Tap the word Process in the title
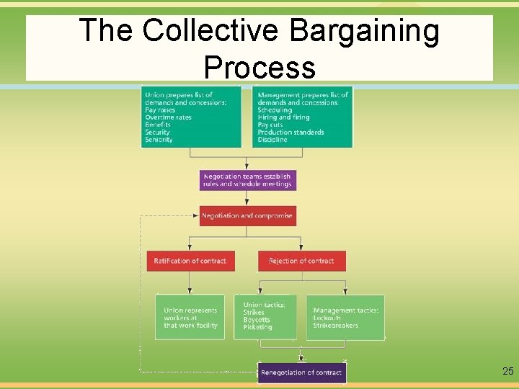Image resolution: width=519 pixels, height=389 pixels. point(259,67)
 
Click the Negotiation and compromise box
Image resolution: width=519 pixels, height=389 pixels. point(247,216)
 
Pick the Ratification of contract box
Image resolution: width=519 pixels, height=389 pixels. point(190,261)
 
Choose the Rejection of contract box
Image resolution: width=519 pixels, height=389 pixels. point(301,261)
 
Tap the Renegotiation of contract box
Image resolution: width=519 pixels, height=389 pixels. point(301,372)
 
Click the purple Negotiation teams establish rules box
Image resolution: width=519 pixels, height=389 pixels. point(247,180)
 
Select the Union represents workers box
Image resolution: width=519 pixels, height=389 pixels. point(190,318)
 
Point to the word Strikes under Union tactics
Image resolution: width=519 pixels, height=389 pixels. point(254,313)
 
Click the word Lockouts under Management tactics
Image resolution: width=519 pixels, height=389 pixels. point(328,318)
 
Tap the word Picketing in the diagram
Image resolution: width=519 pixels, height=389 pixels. point(257,327)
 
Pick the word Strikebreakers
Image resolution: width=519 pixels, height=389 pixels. point(335,326)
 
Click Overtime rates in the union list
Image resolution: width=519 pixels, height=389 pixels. point(168,117)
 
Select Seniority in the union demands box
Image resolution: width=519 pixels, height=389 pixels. point(159,140)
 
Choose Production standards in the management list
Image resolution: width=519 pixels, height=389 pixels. point(290,133)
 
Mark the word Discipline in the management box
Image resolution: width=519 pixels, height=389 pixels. point(272,140)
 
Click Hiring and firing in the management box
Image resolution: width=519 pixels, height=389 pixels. point(283,117)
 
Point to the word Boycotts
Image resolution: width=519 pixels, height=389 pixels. point(257,320)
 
